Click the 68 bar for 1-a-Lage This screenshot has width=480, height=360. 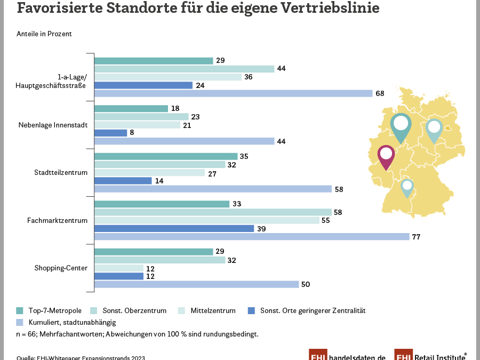[233, 93]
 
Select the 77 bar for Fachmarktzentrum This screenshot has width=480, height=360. [252, 236]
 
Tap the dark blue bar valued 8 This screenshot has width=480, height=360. [110, 133]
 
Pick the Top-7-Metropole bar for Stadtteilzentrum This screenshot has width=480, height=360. [166, 156]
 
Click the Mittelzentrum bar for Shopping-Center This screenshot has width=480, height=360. [119, 268]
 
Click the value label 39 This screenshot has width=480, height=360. [262, 229]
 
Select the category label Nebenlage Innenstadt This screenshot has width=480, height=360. [52, 125]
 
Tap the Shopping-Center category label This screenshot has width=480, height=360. [60, 268]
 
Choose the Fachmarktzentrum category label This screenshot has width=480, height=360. [57, 220]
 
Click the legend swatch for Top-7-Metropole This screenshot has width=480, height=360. [20, 310]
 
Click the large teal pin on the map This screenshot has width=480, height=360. [401, 126]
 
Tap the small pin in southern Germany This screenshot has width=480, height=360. [407, 187]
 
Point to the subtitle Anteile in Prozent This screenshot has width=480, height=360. [44, 34]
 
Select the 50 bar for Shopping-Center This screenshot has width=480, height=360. [196, 284]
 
